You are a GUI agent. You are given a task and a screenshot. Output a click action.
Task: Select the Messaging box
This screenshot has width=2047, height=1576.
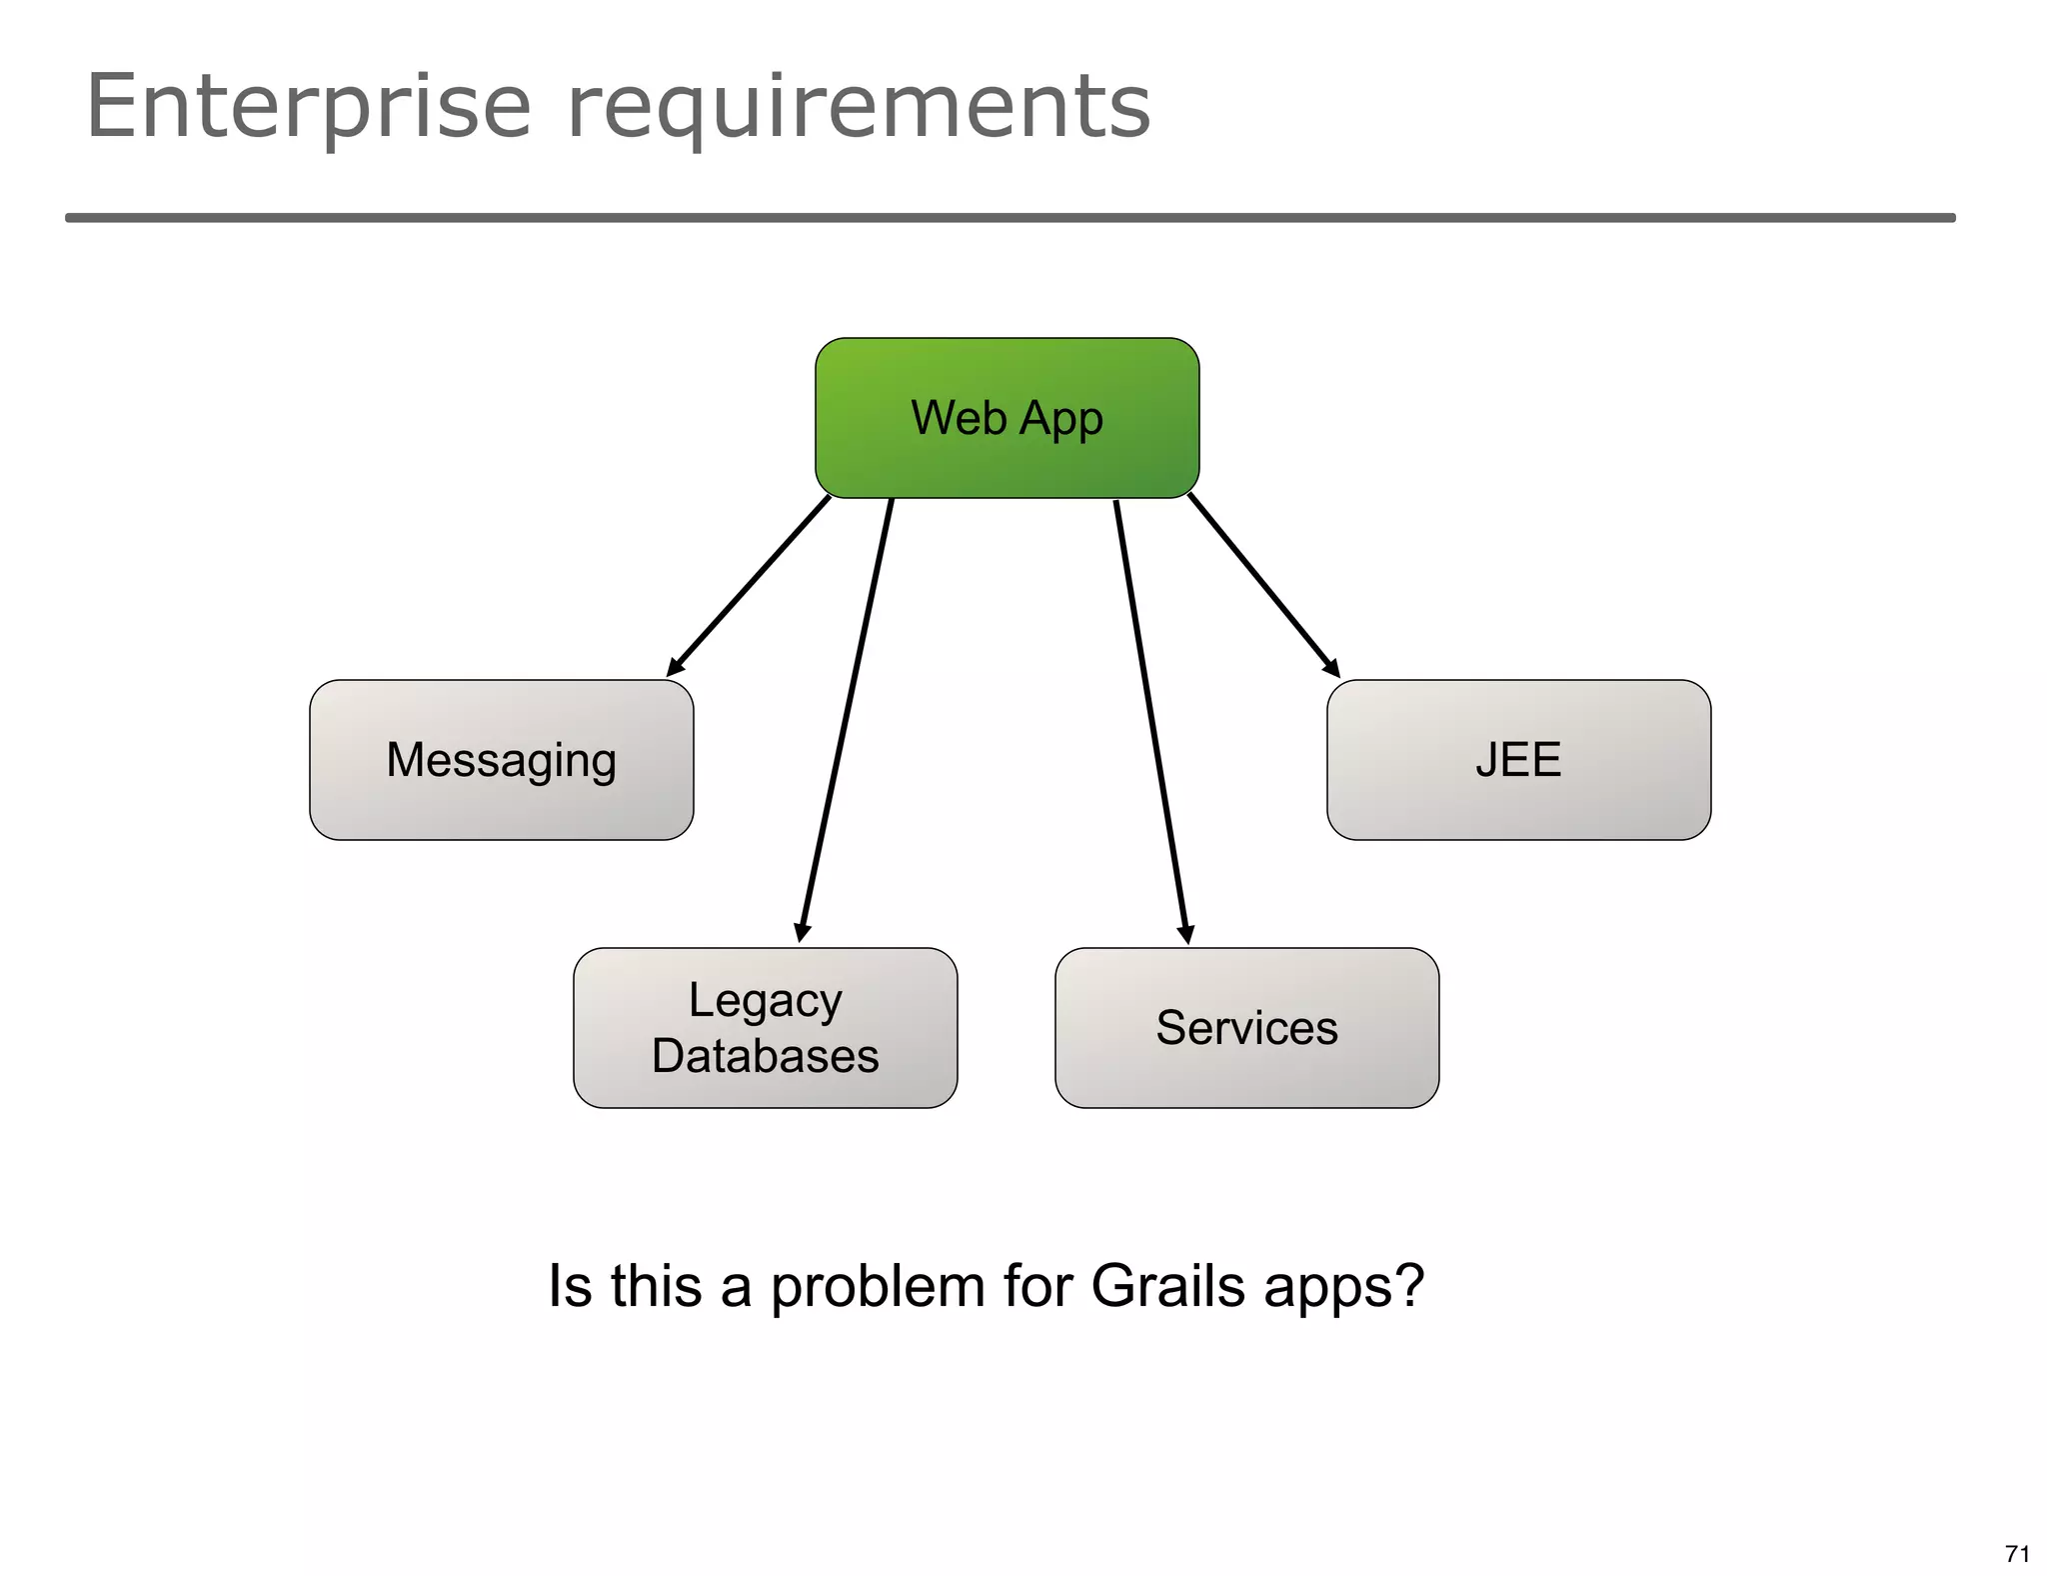tap(501, 760)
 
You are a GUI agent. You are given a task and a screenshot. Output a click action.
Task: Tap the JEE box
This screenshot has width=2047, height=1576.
tap(1518, 760)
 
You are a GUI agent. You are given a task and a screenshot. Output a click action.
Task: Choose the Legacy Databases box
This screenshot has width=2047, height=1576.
tap(765, 1028)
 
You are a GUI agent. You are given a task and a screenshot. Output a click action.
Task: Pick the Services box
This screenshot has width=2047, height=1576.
tap(1246, 1028)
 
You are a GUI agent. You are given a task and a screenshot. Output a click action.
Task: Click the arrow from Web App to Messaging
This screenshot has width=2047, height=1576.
tap(750, 586)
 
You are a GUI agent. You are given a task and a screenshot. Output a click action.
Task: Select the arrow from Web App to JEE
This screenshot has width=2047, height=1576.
tap(1263, 585)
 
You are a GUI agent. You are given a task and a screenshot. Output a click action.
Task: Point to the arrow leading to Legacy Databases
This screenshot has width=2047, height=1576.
tap(846, 720)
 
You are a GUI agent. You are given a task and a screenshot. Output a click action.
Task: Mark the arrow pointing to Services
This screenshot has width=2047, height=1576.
tap(1150, 720)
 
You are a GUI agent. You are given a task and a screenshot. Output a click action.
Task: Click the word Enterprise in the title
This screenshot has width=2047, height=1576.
tap(308, 108)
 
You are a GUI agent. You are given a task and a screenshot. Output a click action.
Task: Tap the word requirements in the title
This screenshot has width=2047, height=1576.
tap(859, 108)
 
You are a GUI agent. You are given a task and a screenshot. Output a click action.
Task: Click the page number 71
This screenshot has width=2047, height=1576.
tap(2017, 1553)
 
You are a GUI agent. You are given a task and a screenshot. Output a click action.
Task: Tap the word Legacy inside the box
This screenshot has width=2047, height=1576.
tap(765, 1001)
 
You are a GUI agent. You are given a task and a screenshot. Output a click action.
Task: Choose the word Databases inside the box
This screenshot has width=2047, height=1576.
tap(765, 1056)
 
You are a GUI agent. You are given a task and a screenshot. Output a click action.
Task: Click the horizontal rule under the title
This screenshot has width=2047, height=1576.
tap(1010, 217)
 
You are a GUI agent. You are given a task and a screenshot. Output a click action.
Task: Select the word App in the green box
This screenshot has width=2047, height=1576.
tap(1060, 419)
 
